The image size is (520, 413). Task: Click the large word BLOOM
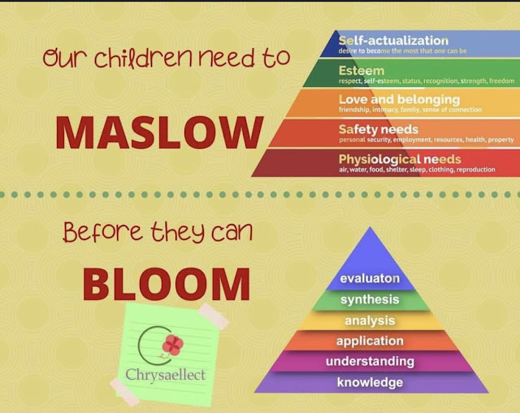pyautogui.click(x=167, y=284)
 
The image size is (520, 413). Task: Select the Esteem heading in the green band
pyautogui.click(x=362, y=71)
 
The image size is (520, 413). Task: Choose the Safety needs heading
pyautogui.click(x=378, y=128)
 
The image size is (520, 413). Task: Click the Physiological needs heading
pyautogui.click(x=399, y=159)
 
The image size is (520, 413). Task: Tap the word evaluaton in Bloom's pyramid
pyautogui.click(x=370, y=278)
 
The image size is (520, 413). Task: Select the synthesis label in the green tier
pyautogui.click(x=370, y=299)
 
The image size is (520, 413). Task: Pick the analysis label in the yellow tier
pyautogui.click(x=370, y=320)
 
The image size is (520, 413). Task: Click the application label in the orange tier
pyautogui.click(x=370, y=341)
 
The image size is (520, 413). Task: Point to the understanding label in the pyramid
pyautogui.click(x=370, y=361)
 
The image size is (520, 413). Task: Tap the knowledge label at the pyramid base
pyautogui.click(x=370, y=382)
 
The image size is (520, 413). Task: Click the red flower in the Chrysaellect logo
pyautogui.click(x=172, y=345)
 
